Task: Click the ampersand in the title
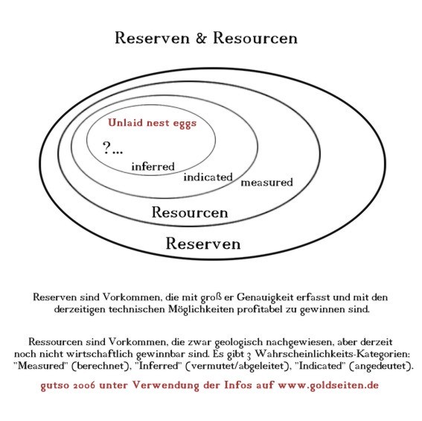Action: click(x=201, y=38)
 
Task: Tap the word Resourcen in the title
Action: click(x=255, y=38)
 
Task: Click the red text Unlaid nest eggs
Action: click(x=153, y=123)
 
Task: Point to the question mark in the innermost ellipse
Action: click(x=106, y=148)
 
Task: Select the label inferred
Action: click(x=153, y=166)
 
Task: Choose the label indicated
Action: click(x=208, y=177)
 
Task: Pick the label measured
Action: click(x=266, y=183)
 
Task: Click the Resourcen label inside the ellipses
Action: click(x=190, y=212)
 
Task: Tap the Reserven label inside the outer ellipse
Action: click(x=203, y=244)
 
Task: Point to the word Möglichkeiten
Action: click(x=201, y=309)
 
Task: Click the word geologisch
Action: click(x=239, y=342)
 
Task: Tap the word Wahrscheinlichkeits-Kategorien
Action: click(x=332, y=354)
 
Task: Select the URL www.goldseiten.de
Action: click(x=328, y=385)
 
